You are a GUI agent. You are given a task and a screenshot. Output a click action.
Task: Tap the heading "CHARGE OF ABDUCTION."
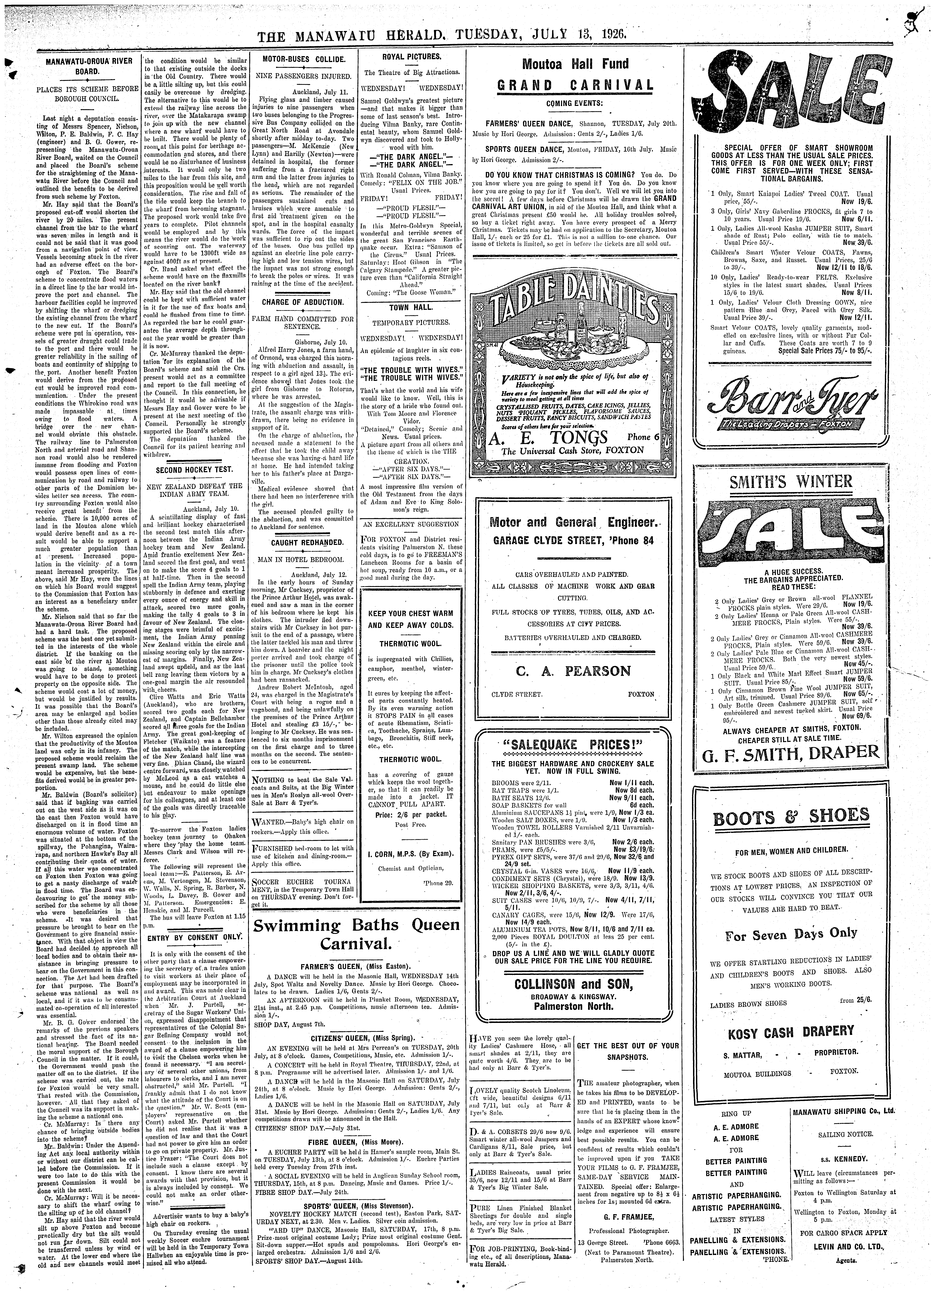(x=303, y=302)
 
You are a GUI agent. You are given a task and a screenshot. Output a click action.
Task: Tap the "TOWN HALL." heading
(x=411, y=307)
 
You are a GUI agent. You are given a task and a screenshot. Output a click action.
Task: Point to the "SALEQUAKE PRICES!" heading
(x=573, y=745)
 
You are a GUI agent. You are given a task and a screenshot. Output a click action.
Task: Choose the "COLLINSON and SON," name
(x=573, y=983)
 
